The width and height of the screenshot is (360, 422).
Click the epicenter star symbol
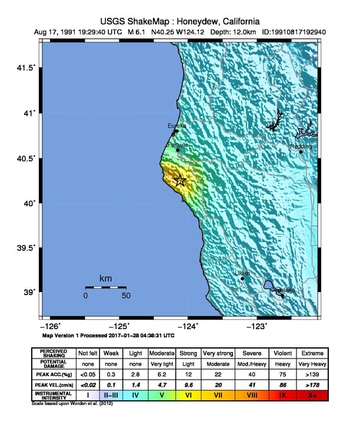181,180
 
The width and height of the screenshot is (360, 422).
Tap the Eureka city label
177,126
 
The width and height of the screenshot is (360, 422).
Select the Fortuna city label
178,145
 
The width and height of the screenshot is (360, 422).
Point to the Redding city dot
301,152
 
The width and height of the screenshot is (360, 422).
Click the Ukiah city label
242,273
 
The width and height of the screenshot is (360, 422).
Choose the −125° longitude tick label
121,326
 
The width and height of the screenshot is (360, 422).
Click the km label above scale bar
106,278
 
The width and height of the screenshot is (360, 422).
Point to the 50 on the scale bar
126,296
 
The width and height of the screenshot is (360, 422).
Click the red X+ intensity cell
312,396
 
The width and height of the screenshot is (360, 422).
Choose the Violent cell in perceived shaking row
282,353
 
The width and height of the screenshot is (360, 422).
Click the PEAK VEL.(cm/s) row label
54,384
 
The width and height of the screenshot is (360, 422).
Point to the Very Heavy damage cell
312,364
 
